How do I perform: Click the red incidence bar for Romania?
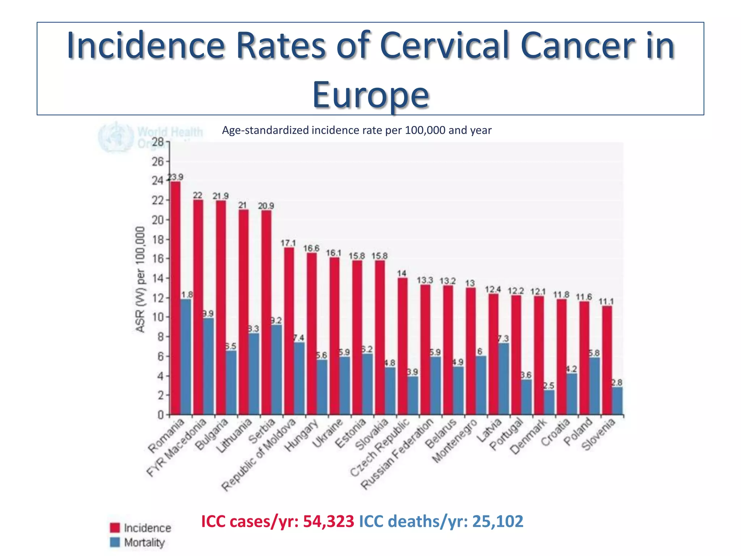[x=175, y=297]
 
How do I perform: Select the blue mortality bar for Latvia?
[x=503, y=378]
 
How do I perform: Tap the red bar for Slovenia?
[x=607, y=360]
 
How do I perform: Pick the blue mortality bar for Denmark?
[x=549, y=402]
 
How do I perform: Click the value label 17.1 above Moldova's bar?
[x=288, y=243]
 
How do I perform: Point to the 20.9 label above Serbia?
[x=266, y=206]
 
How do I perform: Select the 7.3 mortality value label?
[x=503, y=338]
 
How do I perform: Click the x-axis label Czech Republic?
[x=380, y=448]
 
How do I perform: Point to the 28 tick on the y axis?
[x=158, y=142]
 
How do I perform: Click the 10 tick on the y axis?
[x=158, y=317]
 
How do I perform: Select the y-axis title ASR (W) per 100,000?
[x=140, y=279]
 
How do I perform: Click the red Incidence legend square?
[x=115, y=527]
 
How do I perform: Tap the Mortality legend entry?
[x=144, y=542]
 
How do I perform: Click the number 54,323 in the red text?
[x=329, y=521]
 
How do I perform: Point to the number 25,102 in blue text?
[x=497, y=521]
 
